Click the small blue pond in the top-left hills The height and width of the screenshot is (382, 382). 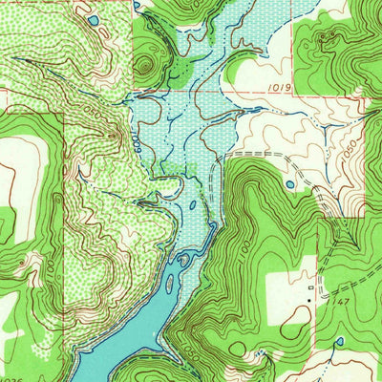(x=93, y=18)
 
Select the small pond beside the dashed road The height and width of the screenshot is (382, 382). (x=289, y=184)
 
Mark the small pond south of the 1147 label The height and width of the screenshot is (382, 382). (x=339, y=340)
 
